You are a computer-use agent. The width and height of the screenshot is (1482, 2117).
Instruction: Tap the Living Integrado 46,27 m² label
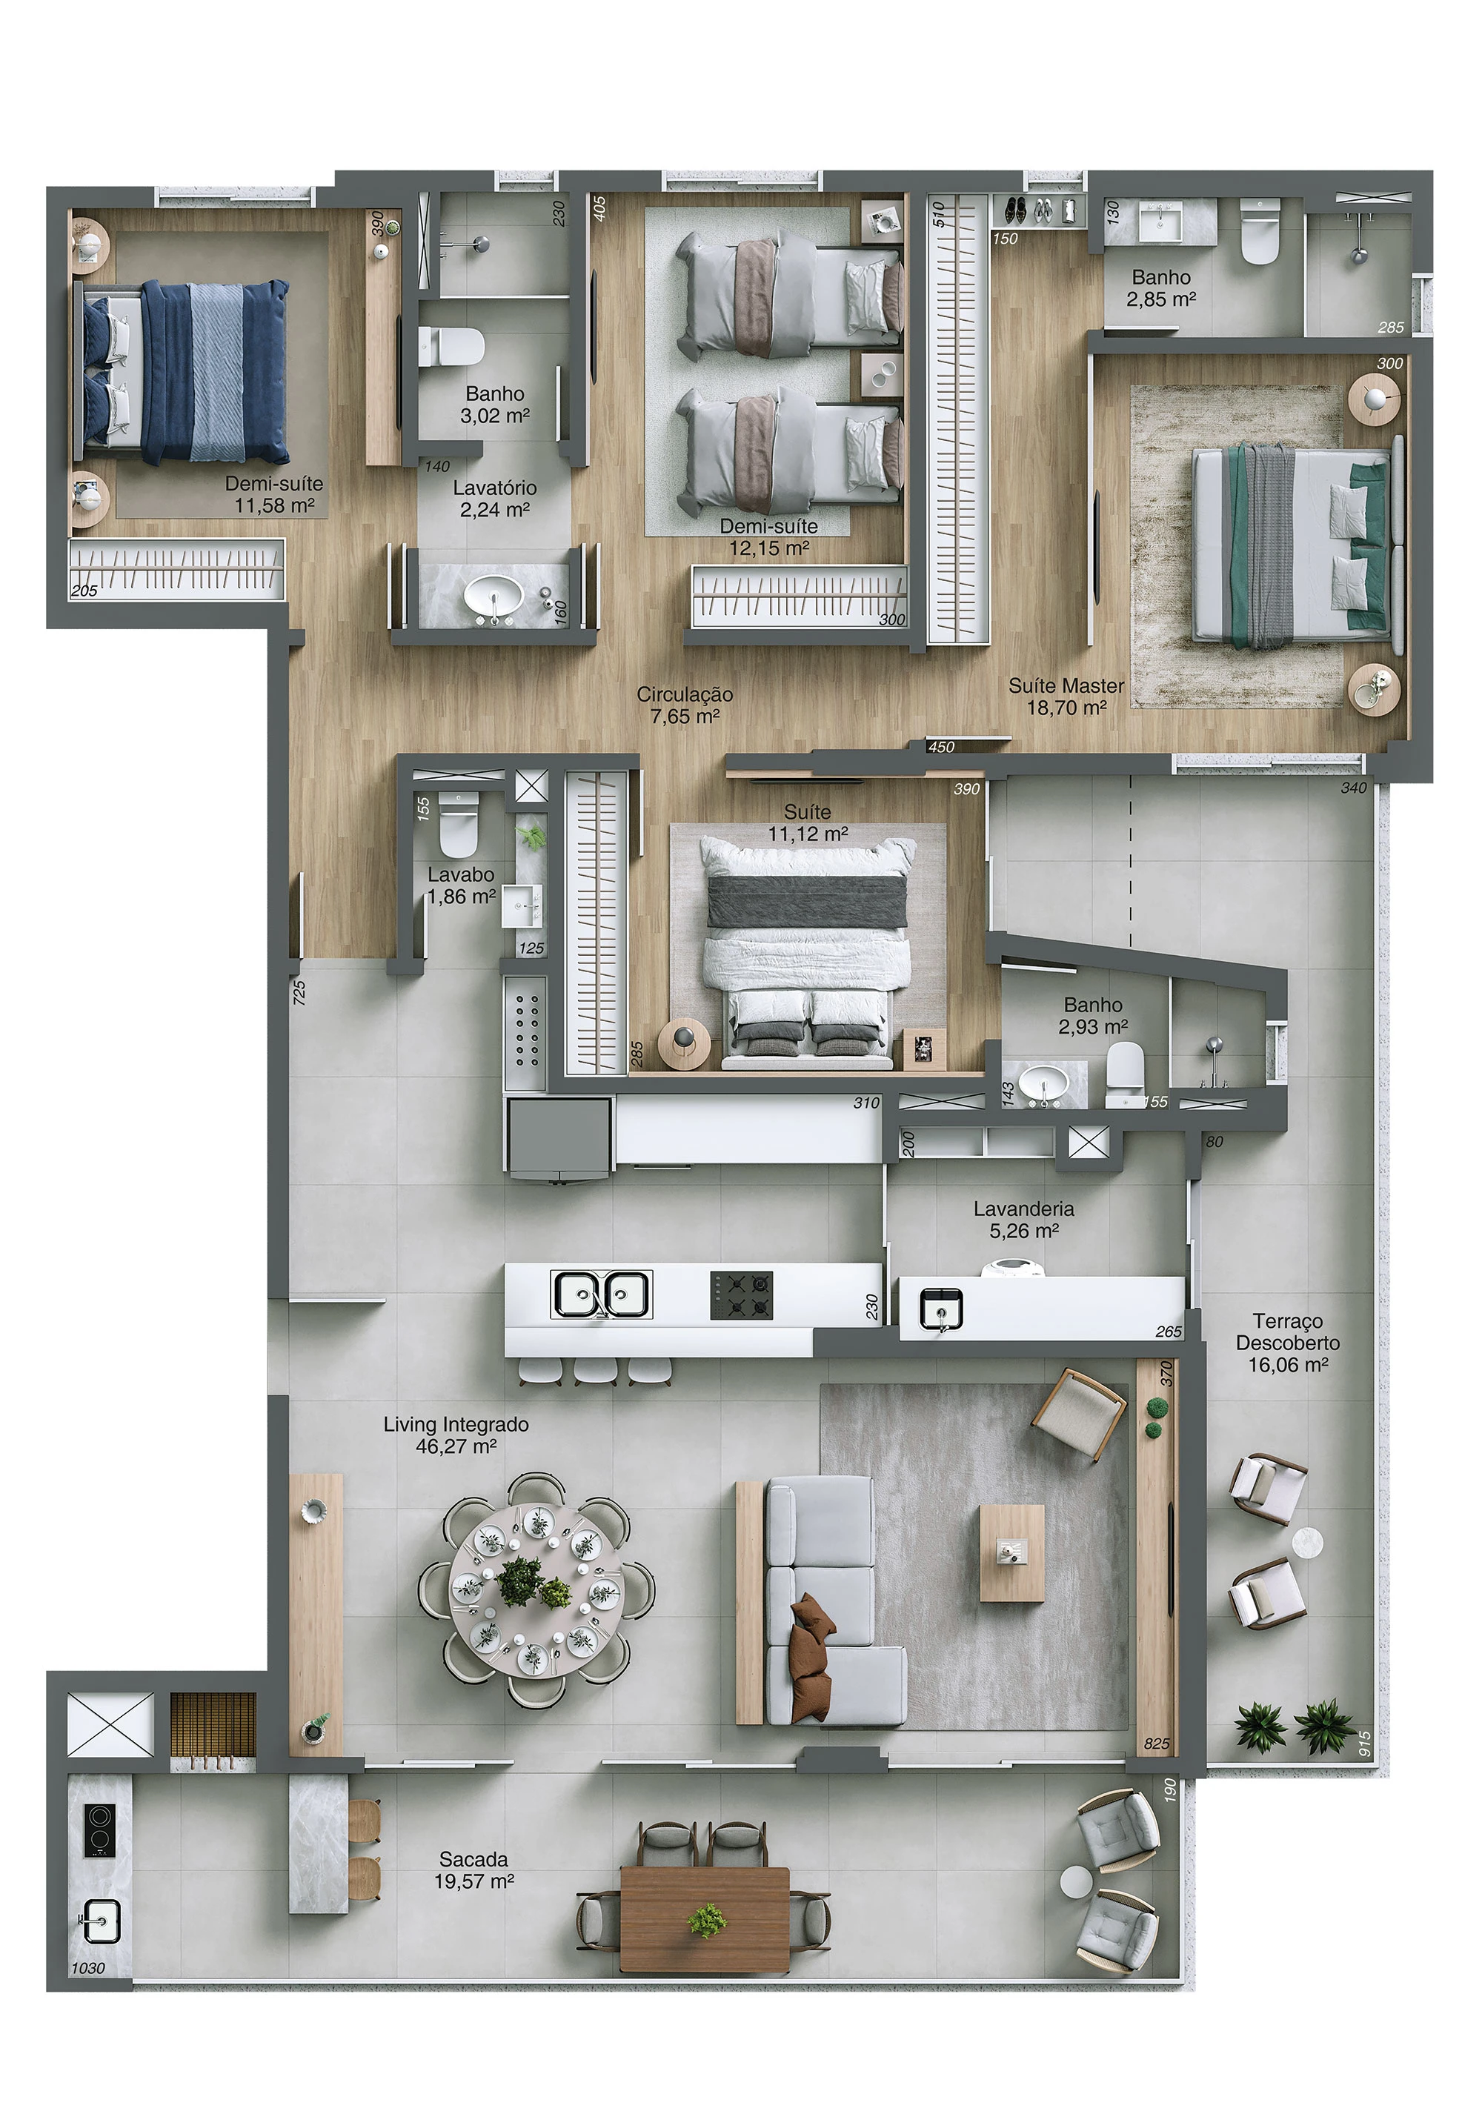pyautogui.click(x=456, y=1435)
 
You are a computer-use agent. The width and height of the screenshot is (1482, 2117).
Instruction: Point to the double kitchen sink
pyautogui.click(x=600, y=1294)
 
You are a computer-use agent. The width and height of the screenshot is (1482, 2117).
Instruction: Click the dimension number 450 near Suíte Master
pyautogui.click(x=940, y=747)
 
